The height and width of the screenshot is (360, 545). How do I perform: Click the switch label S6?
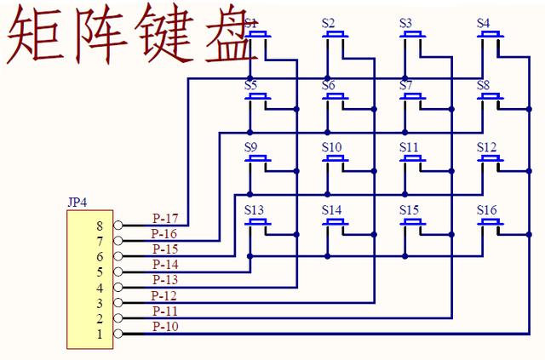(x=329, y=85)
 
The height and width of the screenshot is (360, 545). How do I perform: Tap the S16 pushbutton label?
(x=487, y=209)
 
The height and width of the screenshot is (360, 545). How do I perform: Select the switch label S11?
(x=410, y=147)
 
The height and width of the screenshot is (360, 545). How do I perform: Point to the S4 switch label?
(x=484, y=23)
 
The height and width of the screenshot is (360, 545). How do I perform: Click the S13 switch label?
(x=254, y=209)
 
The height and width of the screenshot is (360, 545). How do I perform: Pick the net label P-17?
(x=164, y=218)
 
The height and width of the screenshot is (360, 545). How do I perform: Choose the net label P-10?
(x=164, y=326)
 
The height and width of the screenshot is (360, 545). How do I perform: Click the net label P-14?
(x=164, y=264)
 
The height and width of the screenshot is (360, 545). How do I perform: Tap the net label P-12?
(x=164, y=295)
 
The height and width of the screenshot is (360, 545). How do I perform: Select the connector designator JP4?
(x=77, y=203)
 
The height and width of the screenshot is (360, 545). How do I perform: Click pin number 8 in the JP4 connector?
(x=100, y=226)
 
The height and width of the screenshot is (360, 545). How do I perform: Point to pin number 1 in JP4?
(x=100, y=334)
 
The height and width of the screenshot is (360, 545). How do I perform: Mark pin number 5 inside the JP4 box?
(x=100, y=271)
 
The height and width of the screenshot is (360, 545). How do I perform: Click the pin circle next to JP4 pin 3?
(x=118, y=303)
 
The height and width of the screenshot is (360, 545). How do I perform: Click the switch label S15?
(x=410, y=209)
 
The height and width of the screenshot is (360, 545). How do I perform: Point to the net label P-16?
(x=164, y=233)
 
